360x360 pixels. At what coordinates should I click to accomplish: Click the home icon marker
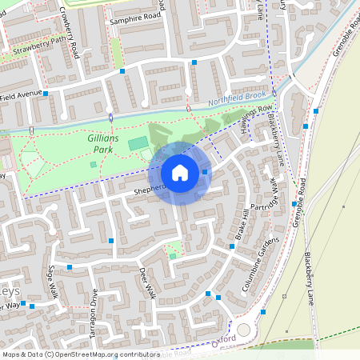(179, 172)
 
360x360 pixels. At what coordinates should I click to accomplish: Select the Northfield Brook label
(237, 98)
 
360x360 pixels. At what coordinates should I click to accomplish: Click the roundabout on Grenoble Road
(244, 330)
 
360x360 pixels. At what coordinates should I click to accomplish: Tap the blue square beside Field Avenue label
(46, 94)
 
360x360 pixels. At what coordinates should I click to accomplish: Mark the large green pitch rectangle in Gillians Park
(138, 143)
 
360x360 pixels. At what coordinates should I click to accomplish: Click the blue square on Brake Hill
(231, 246)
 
